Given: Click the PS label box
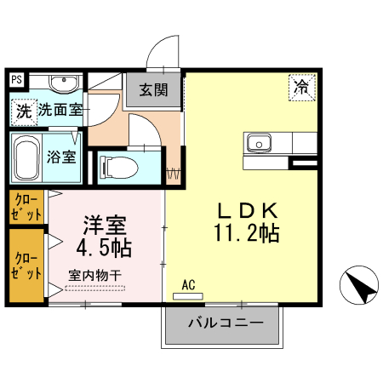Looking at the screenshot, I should (x=15, y=80).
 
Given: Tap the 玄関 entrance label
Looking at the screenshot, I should (x=154, y=89).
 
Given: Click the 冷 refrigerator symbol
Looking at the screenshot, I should (x=300, y=86).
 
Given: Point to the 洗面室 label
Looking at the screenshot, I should (x=60, y=110).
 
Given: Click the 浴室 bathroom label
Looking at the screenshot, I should (x=61, y=157).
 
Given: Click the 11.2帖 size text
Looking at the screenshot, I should (x=246, y=232).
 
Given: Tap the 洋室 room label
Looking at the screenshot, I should (x=105, y=226).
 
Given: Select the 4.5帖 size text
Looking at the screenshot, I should (x=104, y=249).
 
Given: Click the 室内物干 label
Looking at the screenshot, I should (x=95, y=275).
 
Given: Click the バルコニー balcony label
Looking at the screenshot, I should (x=223, y=324).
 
